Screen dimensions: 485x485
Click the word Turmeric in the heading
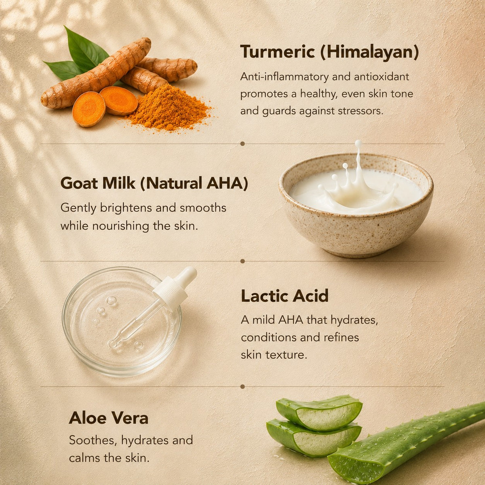278,52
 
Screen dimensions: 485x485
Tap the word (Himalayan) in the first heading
370,53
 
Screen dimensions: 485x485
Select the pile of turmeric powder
169,108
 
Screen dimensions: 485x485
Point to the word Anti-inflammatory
285,76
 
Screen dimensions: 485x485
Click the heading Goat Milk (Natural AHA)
154,183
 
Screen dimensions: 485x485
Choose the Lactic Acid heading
285,296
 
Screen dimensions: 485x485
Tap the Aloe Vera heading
108,418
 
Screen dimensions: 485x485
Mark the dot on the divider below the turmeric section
242,144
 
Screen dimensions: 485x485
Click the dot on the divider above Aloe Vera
242,386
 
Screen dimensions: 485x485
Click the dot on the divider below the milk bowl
242,261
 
